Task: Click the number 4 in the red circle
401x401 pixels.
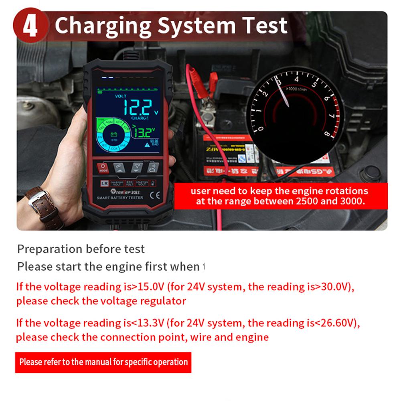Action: point(30,26)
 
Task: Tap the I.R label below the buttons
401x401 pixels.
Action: point(104,183)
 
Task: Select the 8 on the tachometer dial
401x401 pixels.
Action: point(327,134)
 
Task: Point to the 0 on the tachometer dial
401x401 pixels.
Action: point(261,129)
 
